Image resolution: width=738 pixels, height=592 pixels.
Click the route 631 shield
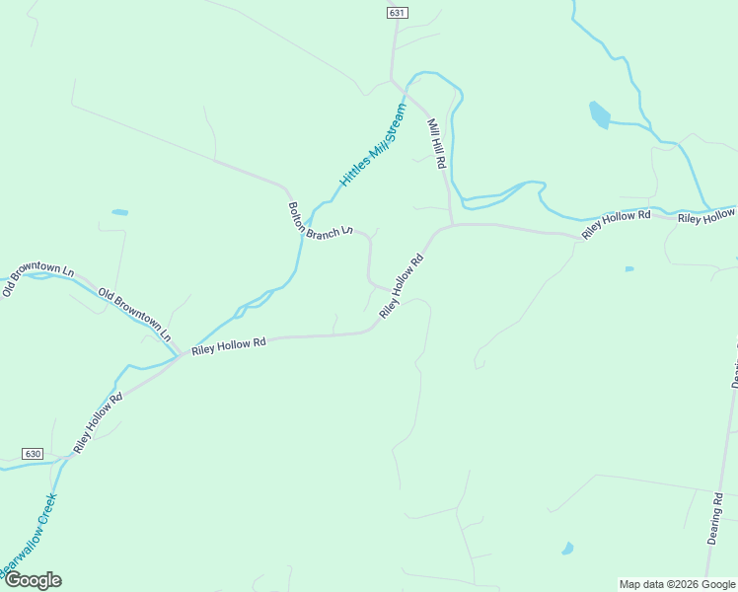[397, 12]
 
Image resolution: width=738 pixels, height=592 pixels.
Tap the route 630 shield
[33, 454]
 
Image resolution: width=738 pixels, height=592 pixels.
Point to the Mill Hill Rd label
[437, 144]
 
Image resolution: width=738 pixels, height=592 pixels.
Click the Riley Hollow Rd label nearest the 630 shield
[97, 423]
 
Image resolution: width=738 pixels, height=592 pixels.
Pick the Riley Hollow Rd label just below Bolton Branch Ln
[402, 286]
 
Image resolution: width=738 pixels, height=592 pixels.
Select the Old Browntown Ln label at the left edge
[37, 280]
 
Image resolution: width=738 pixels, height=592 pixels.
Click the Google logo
[32, 580]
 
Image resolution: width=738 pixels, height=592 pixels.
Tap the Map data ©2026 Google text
[678, 584]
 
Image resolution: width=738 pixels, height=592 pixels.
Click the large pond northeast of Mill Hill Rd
[599, 115]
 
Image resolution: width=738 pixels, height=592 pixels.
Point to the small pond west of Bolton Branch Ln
[119, 212]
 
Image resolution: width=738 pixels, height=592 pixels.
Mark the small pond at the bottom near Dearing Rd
[567, 548]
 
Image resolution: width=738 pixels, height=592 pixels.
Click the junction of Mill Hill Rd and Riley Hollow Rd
[451, 224]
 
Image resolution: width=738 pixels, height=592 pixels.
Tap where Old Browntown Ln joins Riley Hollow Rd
[179, 356]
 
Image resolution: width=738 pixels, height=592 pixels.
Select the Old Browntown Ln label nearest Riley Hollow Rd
[135, 313]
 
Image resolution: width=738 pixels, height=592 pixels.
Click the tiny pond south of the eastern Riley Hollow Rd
[628, 268]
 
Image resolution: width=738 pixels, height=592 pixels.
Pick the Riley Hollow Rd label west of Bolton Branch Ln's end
[229, 345]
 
